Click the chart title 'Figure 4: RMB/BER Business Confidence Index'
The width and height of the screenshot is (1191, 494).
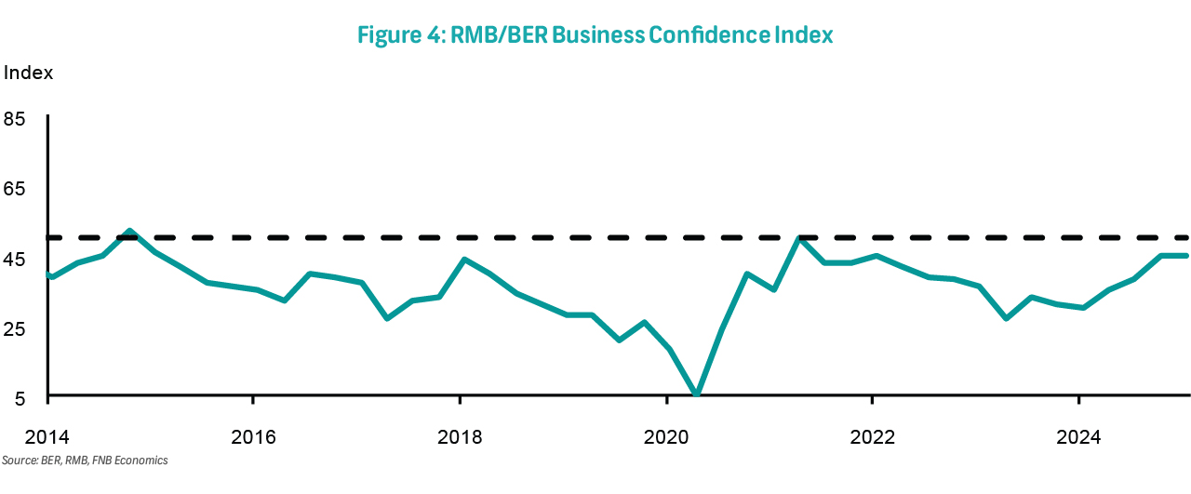coord(595,35)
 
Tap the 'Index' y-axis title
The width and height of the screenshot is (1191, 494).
coord(28,73)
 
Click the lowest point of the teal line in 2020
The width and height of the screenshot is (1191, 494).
coord(695,394)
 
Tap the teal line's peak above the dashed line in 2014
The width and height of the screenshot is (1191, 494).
coord(129,231)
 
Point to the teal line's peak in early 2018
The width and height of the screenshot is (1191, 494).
coord(464,260)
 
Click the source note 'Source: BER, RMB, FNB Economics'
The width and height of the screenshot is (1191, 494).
coord(85,461)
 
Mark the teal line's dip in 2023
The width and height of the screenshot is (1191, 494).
coord(1006,318)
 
